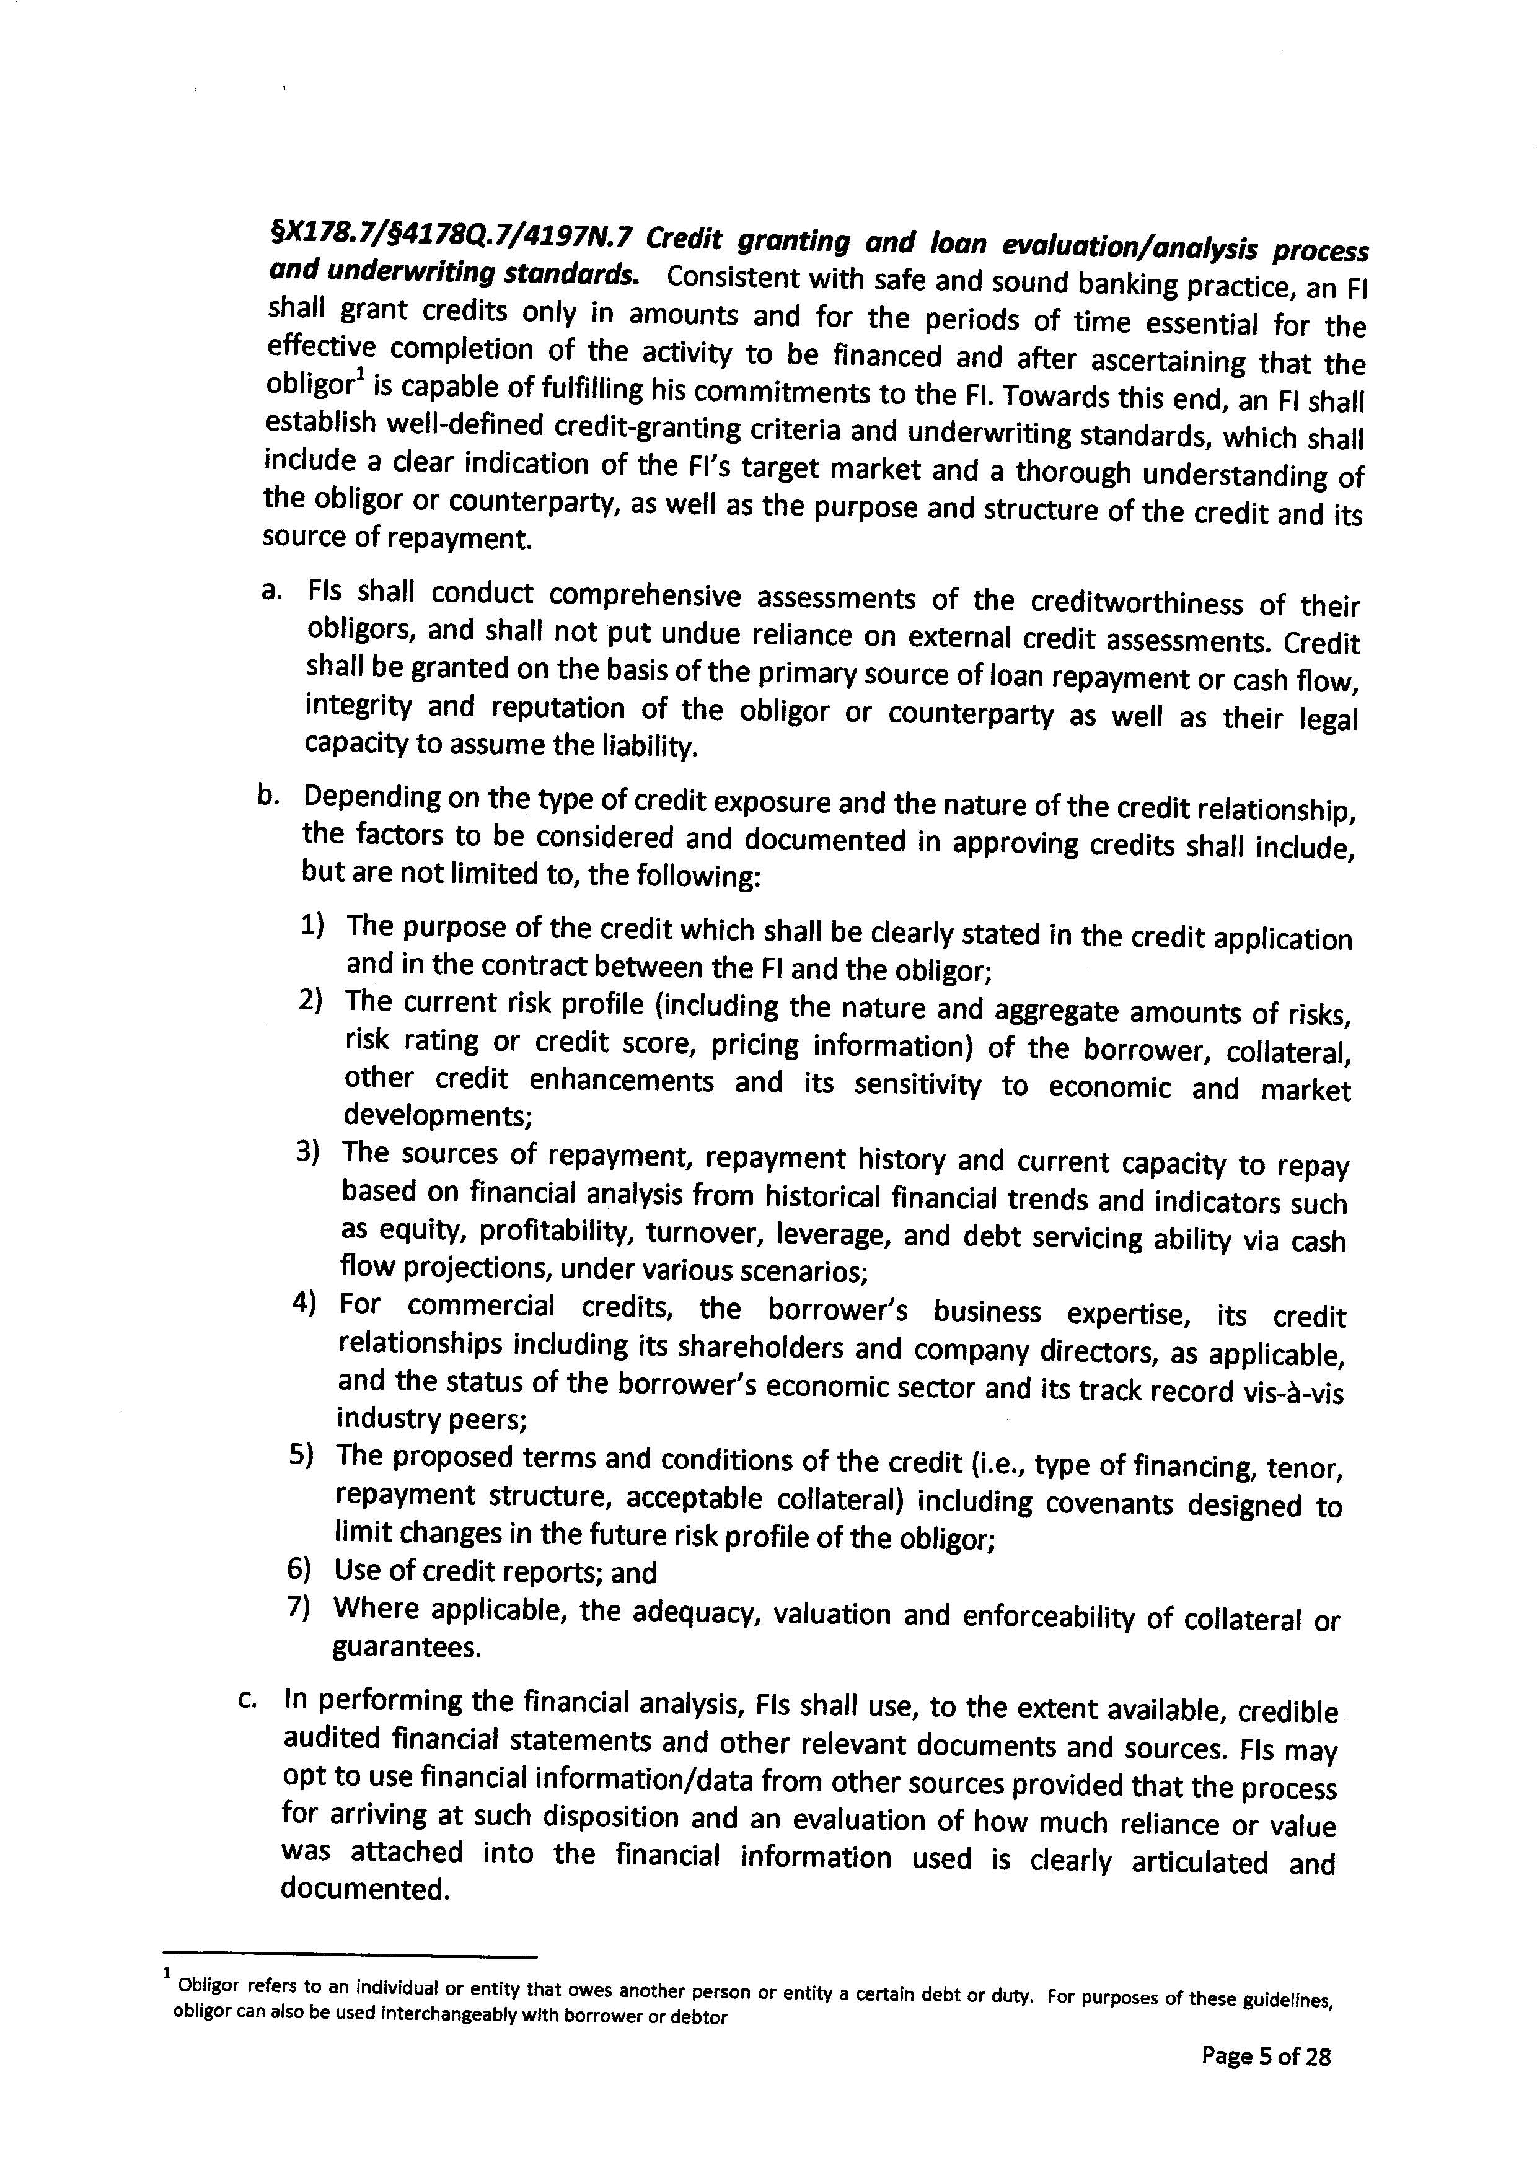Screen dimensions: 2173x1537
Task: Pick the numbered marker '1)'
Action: point(313,924)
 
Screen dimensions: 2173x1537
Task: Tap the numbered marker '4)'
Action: point(304,1304)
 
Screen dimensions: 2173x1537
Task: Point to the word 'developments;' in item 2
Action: point(438,1117)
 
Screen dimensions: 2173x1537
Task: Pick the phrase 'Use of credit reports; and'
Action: point(495,1572)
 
